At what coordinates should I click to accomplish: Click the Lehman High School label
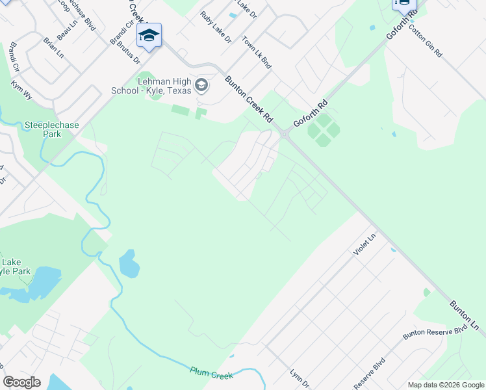coord(164,86)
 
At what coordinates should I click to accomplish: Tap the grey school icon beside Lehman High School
coord(202,85)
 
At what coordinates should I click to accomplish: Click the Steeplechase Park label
coord(42,129)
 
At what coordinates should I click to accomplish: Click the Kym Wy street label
coord(21,90)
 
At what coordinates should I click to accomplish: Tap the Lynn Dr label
coord(299,378)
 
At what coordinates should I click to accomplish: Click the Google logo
coord(21,382)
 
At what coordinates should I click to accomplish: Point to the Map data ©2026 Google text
coord(446,385)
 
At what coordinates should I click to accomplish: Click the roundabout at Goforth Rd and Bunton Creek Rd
coord(284,135)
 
